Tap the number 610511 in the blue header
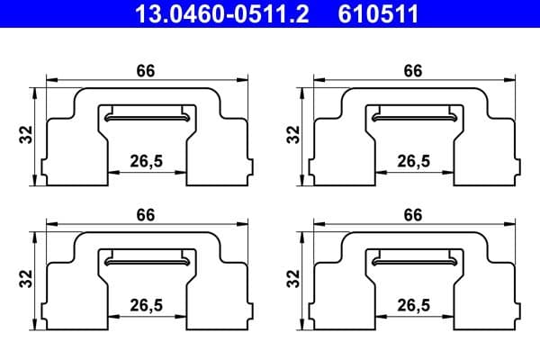[380, 13]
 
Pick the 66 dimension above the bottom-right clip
[413, 215]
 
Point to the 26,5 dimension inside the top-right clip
[413, 161]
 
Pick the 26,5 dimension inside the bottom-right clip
[413, 305]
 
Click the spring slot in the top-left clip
[147, 116]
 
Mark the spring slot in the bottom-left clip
[147, 260]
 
